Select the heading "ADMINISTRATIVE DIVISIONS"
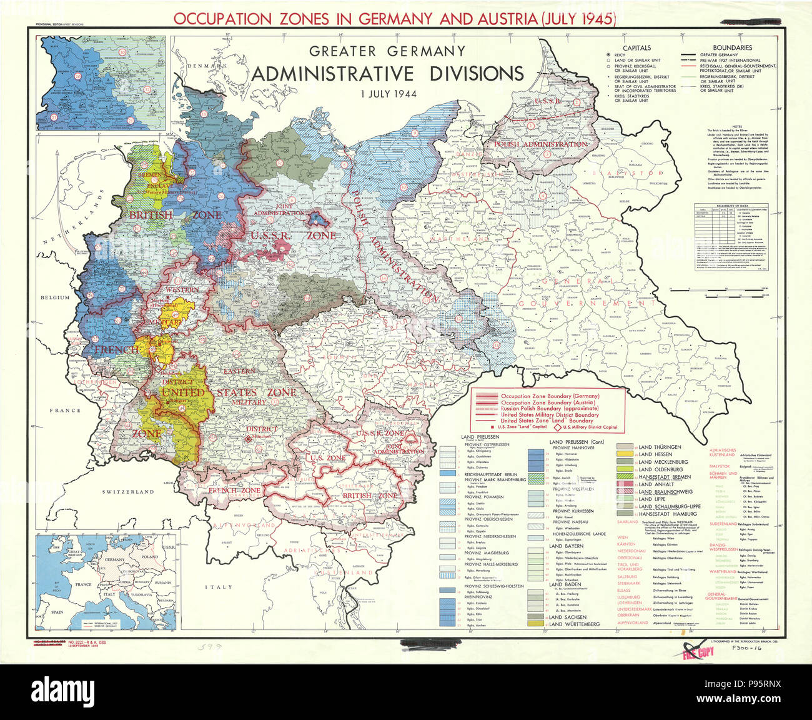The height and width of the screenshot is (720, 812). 387,74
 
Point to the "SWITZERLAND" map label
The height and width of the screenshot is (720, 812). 128,492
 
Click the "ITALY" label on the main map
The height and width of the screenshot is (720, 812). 218,587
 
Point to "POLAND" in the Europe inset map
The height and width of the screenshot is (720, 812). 150,556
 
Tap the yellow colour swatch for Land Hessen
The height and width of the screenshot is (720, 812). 626,455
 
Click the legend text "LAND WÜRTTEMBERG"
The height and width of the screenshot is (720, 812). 574,624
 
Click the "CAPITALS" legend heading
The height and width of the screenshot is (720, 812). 636,47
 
